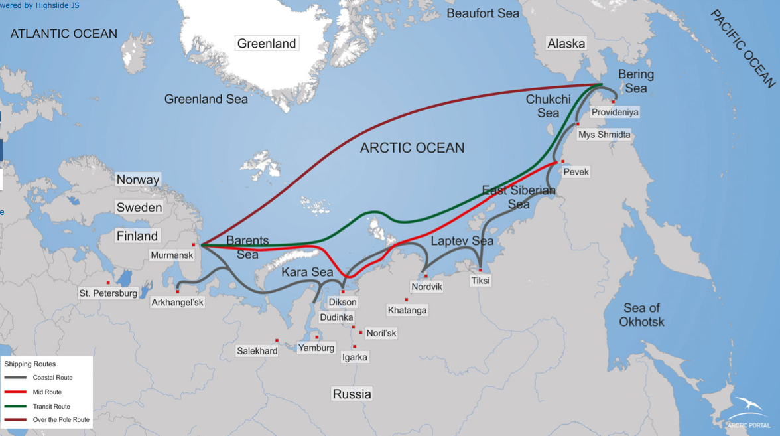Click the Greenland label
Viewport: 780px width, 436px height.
[267, 44]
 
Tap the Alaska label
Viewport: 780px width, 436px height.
[566, 44]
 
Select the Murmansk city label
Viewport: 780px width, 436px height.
[172, 255]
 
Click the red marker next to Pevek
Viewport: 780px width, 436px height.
[563, 161]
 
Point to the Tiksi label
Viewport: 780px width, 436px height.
[480, 281]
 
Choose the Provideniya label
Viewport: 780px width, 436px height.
[615, 112]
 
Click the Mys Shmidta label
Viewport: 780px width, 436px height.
[604, 135]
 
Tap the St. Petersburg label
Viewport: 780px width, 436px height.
[108, 293]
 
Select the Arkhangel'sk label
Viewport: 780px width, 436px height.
[177, 302]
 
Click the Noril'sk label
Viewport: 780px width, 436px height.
[381, 333]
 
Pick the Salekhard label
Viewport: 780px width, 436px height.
[257, 350]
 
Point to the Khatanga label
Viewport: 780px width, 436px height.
[407, 310]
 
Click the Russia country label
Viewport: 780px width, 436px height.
[352, 394]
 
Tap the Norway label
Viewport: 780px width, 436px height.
[138, 180]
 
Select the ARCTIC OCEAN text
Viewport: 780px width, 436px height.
[412, 148]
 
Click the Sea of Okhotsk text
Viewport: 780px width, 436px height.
[641, 315]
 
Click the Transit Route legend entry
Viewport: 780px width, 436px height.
[51, 406]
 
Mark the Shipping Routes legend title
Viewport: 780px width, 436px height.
[30, 364]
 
